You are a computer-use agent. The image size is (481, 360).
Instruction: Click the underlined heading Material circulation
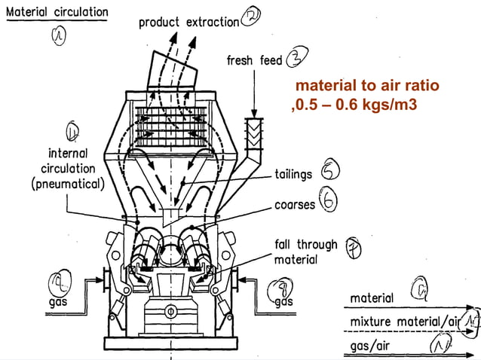[x=57, y=13]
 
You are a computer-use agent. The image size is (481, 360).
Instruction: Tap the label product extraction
[x=188, y=23]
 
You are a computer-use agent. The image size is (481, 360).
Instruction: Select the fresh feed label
[x=255, y=59]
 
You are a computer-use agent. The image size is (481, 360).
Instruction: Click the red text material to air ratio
[x=366, y=87]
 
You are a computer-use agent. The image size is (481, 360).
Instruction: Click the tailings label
[x=293, y=174]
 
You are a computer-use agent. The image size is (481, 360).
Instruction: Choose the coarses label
[x=294, y=204]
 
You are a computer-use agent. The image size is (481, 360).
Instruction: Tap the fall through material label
[x=305, y=252]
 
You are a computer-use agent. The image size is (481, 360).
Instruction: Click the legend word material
[x=372, y=298]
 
